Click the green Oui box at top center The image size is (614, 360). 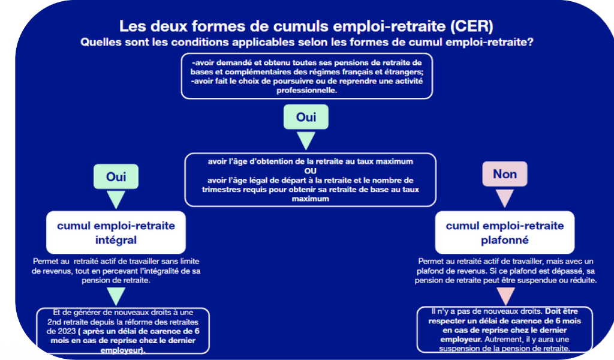pyautogui.click(x=306, y=116)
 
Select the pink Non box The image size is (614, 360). pyautogui.click(x=505, y=174)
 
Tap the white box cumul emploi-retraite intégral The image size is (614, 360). pyautogui.click(x=116, y=233)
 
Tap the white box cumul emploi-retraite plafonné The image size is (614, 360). pyautogui.click(x=505, y=233)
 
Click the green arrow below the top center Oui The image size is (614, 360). pyautogui.click(x=306, y=140)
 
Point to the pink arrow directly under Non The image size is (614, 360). pyautogui.click(x=505, y=197)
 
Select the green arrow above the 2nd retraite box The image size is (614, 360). pyautogui.click(x=116, y=295)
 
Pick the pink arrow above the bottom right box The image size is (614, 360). pyautogui.click(x=505, y=295)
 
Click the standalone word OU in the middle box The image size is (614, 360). pyautogui.click(x=310, y=171)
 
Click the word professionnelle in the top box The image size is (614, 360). pyautogui.click(x=307, y=90)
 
